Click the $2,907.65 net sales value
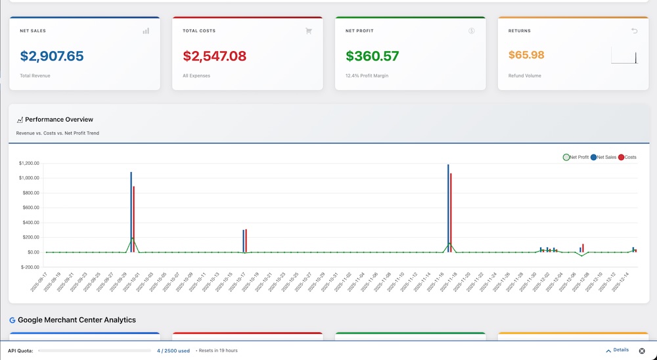[52, 56]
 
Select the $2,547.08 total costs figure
[214, 56]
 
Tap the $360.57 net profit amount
[372, 56]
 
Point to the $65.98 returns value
[526, 55]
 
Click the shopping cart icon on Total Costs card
[309, 31]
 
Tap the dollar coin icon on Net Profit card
[472, 31]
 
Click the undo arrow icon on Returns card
[634, 31]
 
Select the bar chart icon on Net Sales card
[146, 31]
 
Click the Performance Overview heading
[59, 120]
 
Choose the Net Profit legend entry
[576, 157]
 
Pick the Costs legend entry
[627, 157]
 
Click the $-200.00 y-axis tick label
[30, 267]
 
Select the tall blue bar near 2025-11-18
[448, 208]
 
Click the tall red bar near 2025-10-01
[134, 219]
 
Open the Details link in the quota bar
[617, 350]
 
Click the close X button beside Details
[642, 351]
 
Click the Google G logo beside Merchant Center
[12, 320]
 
